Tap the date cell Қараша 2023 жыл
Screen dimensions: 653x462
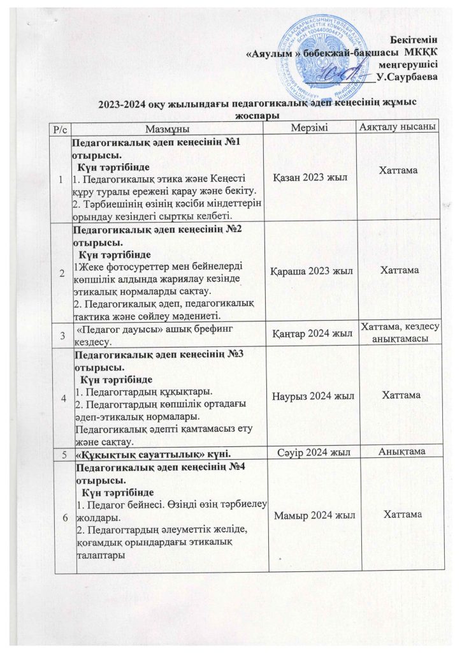click(313, 270)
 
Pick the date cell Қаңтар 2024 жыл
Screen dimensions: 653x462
click(313, 334)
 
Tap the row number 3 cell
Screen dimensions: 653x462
click(62, 333)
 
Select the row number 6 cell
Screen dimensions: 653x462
click(62, 516)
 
